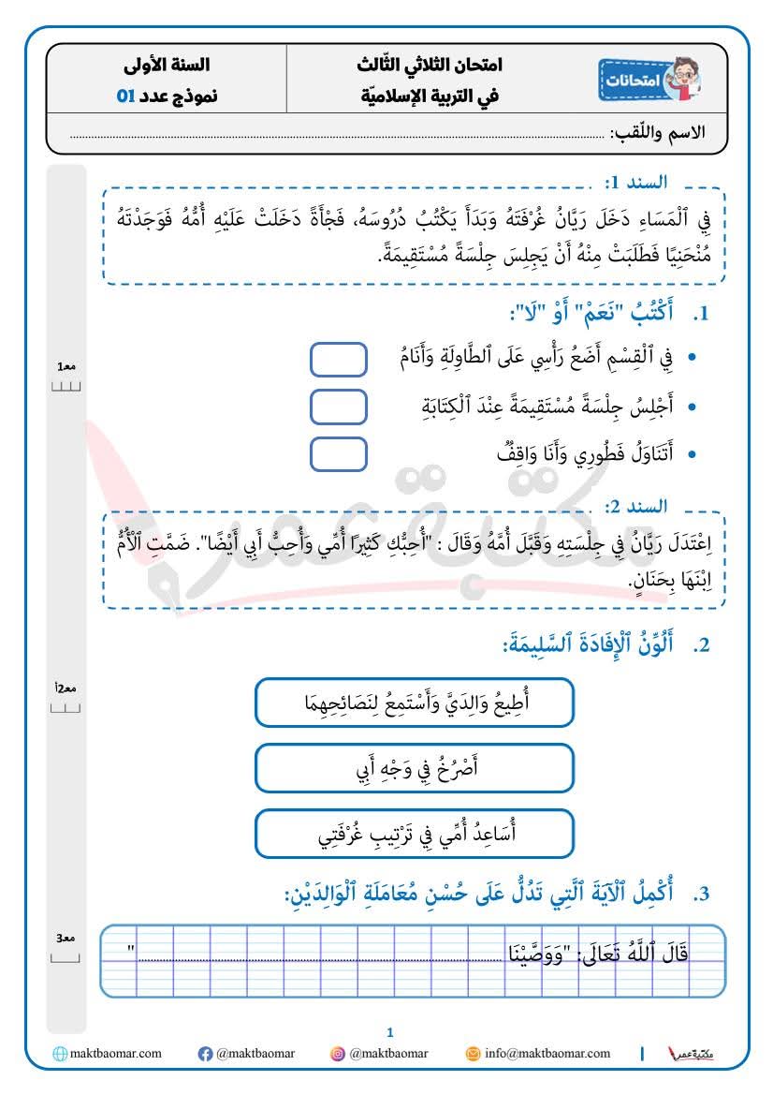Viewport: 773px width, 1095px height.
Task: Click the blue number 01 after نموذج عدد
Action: (125, 96)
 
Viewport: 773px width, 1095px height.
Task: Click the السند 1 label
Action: (635, 182)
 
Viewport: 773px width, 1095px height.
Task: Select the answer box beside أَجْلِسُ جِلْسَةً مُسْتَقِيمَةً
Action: (338, 407)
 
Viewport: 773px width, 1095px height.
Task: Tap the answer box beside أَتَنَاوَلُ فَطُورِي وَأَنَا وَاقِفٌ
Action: (338, 454)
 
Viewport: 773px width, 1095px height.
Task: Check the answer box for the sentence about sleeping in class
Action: (338, 359)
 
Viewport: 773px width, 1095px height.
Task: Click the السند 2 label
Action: (635, 506)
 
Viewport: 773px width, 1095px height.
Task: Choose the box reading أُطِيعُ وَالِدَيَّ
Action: (414, 702)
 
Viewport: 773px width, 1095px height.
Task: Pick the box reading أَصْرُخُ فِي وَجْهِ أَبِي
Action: (414, 767)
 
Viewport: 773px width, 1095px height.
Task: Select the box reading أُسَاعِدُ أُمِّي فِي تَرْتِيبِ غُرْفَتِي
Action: (414, 833)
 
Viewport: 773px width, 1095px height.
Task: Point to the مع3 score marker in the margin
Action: (66, 939)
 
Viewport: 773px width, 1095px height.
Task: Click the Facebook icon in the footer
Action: (206, 1054)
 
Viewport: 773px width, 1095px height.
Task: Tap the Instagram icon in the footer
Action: (338, 1054)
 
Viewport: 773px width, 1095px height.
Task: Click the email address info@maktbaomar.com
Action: (547, 1054)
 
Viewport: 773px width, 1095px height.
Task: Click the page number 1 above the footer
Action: (390, 1032)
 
